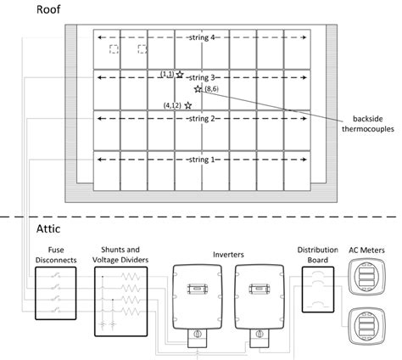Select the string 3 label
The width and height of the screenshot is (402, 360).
click(x=203, y=77)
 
